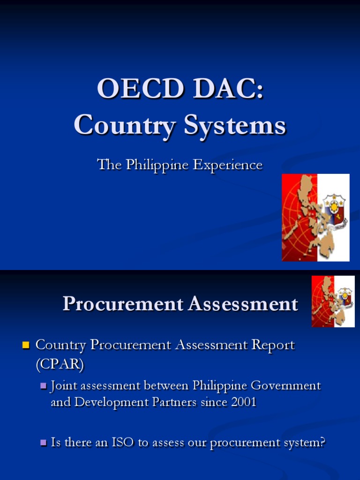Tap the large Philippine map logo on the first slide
pyautogui.click(x=315, y=217)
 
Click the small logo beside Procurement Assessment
pyautogui.click(x=333, y=301)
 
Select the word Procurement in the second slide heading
pyautogui.click(x=122, y=304)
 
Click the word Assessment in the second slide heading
pyautogui.click(x=243, y=304)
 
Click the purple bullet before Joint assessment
pyautogui.click(x=44, y=386)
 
